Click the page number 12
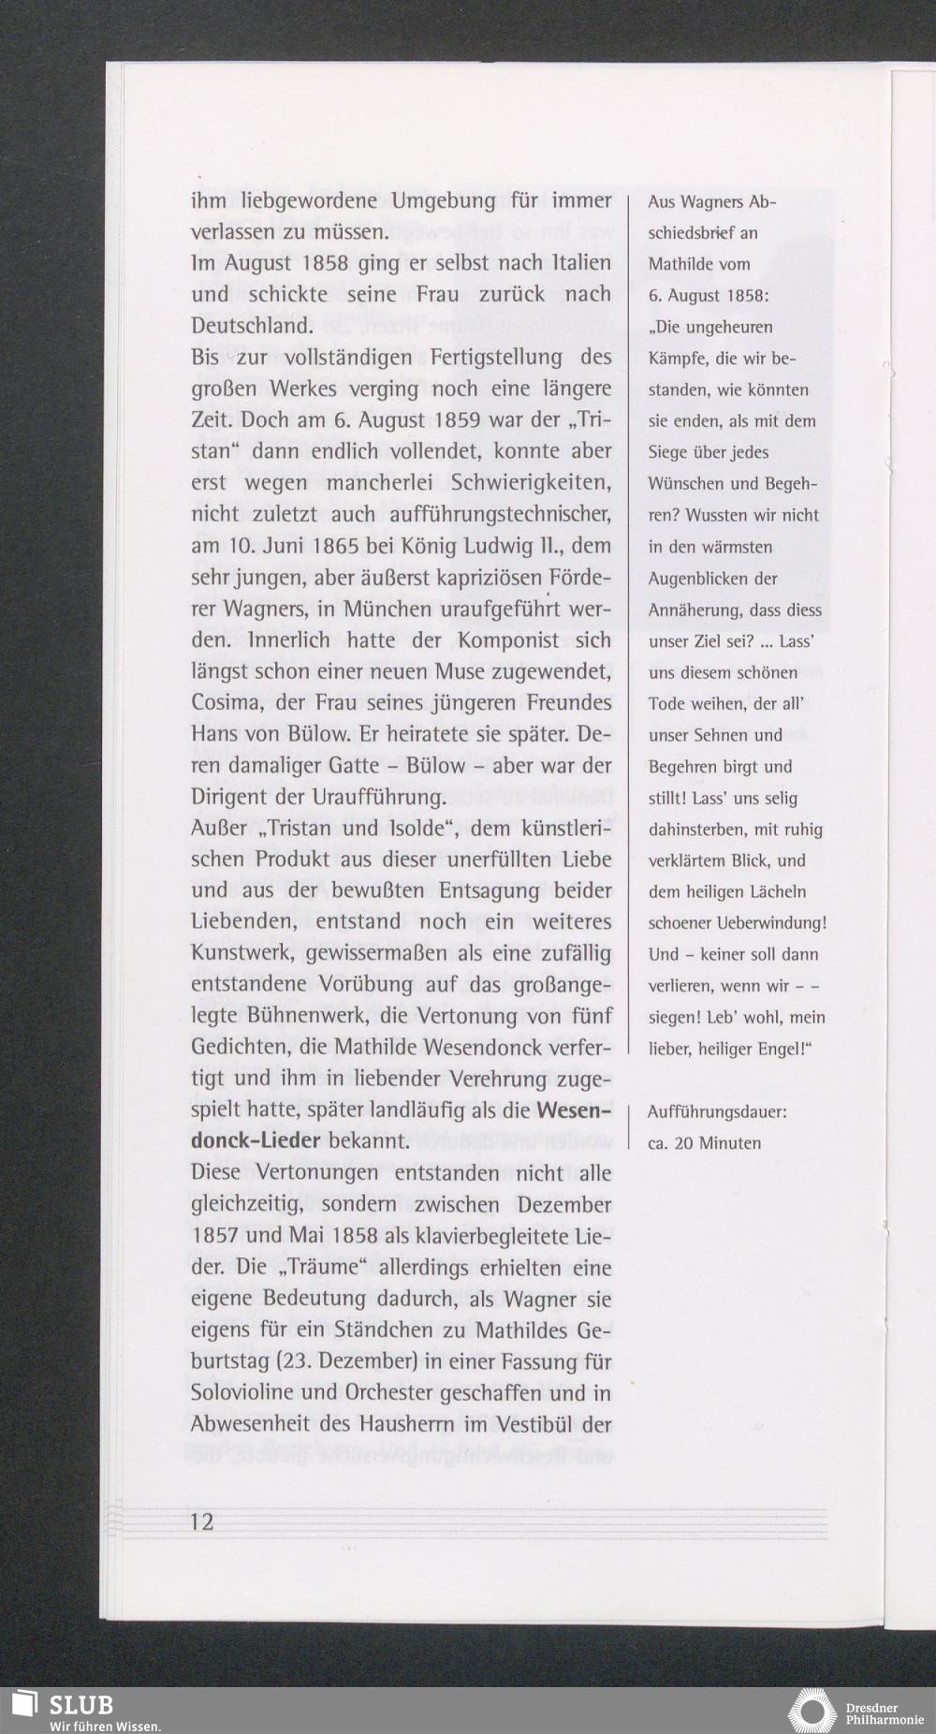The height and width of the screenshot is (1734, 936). [202, 1521]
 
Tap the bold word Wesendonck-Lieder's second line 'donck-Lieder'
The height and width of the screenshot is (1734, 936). [256, 1142]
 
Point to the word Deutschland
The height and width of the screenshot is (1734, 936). [252, 326]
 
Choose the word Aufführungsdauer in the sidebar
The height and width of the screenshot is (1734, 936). [717, 1111]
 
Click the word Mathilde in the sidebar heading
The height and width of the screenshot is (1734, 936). [680, 264]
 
